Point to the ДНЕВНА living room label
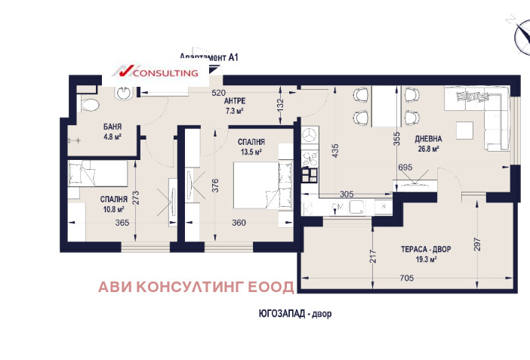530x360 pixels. [x=427, y=138]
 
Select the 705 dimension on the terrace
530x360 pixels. [x=406, y=277]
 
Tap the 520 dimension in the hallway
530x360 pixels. [x=218, y=94]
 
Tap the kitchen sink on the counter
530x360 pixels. [x=356, y=207]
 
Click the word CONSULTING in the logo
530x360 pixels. [x=166, y=73]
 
